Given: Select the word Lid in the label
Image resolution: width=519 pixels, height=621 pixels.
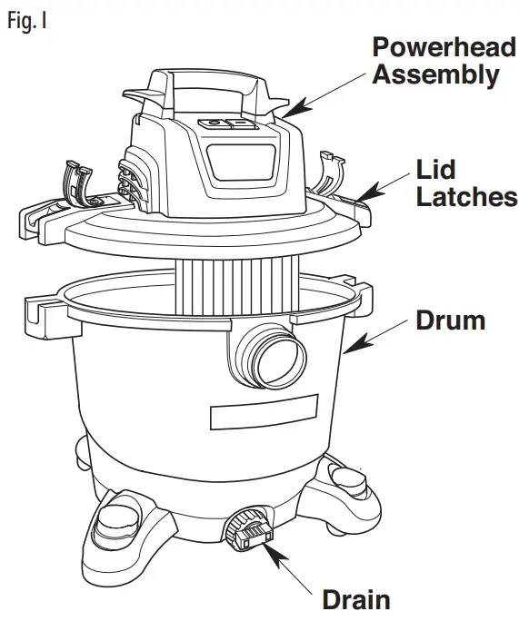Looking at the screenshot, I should pyautogui.click(x=435, y=170).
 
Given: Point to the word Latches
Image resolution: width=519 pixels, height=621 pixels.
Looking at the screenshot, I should pyautogui.click(x=466, y=197).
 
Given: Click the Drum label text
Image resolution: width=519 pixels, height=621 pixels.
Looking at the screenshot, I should pyautogui.click(x=451, y=320).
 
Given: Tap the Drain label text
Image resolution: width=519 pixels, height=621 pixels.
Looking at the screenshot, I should pyautogui.click(x=356, y=599).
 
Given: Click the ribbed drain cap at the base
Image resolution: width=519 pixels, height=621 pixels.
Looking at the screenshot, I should pyautogui.click(x=249, y=528).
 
